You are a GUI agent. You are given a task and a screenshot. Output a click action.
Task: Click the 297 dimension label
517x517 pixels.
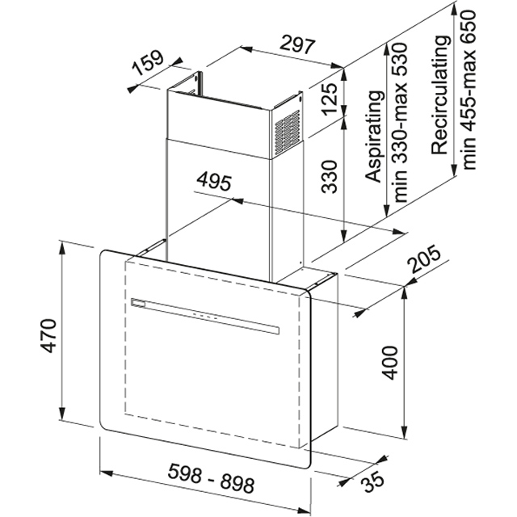coord(297,46)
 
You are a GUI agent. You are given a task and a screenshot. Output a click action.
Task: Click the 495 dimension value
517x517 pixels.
coord(213,180)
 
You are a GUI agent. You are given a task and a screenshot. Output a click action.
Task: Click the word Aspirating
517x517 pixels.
coord(373,137)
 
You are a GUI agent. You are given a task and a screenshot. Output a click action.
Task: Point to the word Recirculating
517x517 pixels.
coord(439,97)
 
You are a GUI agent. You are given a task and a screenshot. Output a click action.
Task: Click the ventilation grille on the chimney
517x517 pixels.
coord(288,126)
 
